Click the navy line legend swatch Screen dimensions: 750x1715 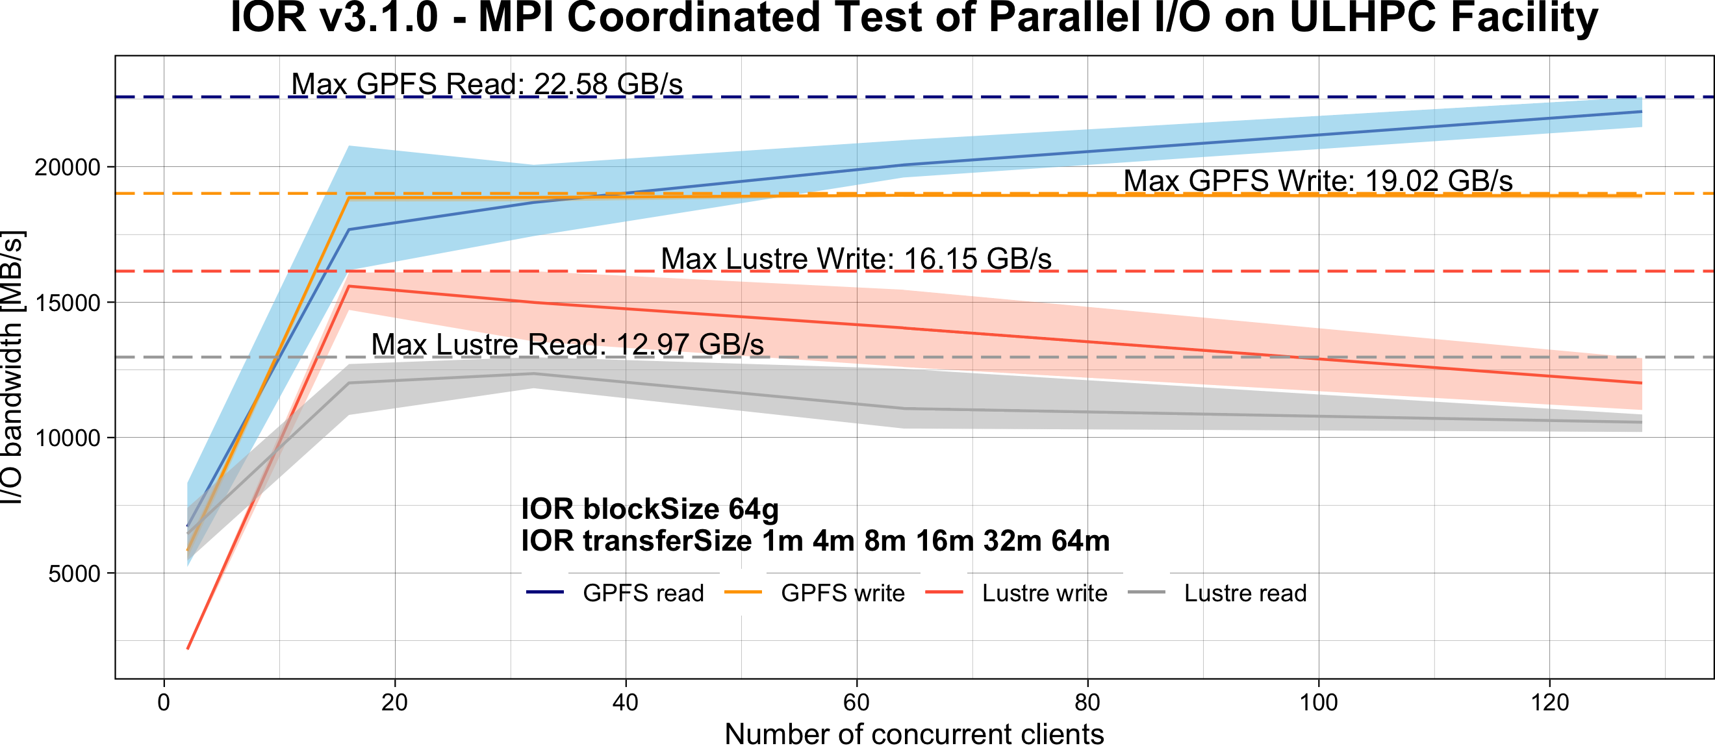[544, 592]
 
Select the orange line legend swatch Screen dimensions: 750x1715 [743, 592]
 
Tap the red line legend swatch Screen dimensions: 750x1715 [943, 592]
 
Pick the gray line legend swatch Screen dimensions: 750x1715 [1146, 592]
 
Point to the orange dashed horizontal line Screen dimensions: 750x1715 [1065, 194]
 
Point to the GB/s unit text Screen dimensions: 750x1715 [731, 344]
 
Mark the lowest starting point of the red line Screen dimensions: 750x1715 [188, 648]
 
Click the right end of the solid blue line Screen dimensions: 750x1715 [1642, 112]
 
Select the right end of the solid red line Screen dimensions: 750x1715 [1642, 382]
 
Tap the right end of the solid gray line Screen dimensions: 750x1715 [1642, 423]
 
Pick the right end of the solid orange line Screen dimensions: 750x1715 [1642, 196]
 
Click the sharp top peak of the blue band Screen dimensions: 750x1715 [349, 145]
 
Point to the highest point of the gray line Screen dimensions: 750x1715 [534, 373]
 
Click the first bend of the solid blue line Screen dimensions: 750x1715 [349, 230]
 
